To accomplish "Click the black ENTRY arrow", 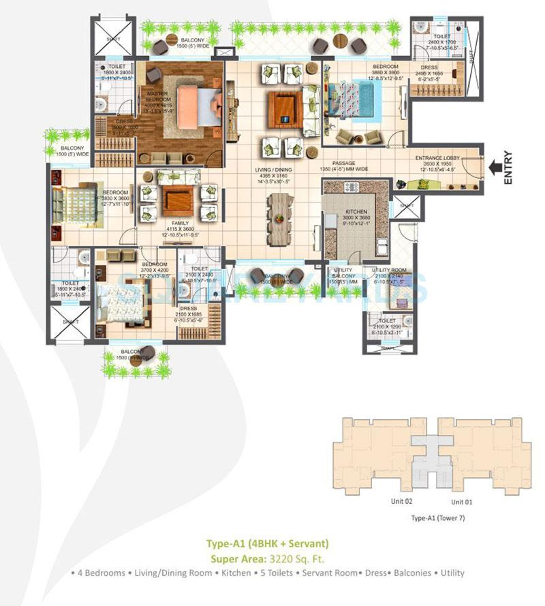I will [x=496, y=168].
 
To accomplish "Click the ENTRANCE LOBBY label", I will [x=437, y=158].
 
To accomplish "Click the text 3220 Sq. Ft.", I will [x=297, y=559].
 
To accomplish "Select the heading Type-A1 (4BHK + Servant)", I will [x=268, y=543].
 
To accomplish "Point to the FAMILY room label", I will [x=180, y=223].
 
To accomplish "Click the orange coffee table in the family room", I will [x=178, y=201].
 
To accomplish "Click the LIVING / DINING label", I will [x=273, y=170].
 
